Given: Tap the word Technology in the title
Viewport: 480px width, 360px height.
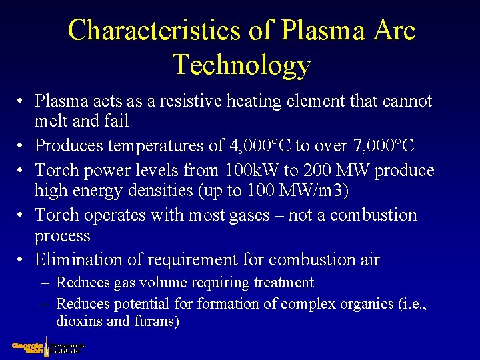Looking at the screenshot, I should [242, 65].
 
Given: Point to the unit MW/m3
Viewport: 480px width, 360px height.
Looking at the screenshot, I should [318, 191].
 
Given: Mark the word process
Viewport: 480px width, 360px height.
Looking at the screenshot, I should [62, 236].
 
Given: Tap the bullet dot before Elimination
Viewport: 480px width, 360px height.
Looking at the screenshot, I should [21, 259].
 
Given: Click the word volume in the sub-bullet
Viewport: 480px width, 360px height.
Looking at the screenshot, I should [160, 283].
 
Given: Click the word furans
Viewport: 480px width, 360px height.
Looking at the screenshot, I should [156, 321].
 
